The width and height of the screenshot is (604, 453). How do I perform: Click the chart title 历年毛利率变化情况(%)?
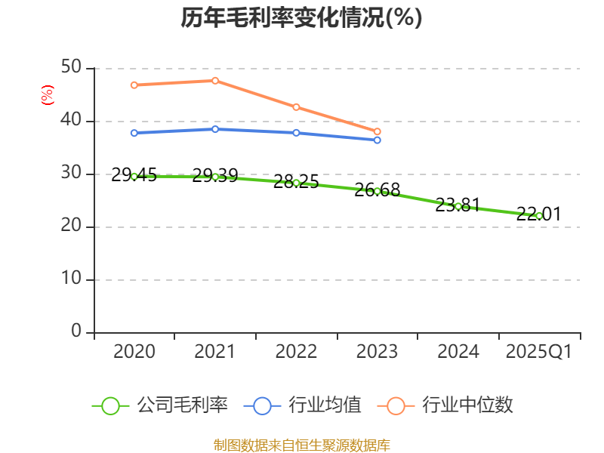301,17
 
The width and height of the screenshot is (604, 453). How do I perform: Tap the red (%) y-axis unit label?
48,95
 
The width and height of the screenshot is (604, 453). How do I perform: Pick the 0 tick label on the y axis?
76,331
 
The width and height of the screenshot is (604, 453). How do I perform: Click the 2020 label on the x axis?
134,352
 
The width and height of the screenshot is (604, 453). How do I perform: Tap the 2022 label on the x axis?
296,352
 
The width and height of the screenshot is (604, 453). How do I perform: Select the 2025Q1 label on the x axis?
538,352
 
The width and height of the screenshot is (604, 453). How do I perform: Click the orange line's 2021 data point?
215,81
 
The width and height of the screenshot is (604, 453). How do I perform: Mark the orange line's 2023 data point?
377,131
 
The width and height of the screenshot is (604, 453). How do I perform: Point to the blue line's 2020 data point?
134,133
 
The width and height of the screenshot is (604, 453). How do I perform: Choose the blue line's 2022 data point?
296,133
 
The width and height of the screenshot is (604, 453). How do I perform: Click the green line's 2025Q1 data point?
538,215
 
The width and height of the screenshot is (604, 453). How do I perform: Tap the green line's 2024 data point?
458,206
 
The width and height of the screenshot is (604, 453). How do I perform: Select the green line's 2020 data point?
134,176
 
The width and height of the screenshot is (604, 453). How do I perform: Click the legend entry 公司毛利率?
160,405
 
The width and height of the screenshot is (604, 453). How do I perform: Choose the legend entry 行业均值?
303,405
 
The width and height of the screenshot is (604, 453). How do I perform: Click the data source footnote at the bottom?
301,445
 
